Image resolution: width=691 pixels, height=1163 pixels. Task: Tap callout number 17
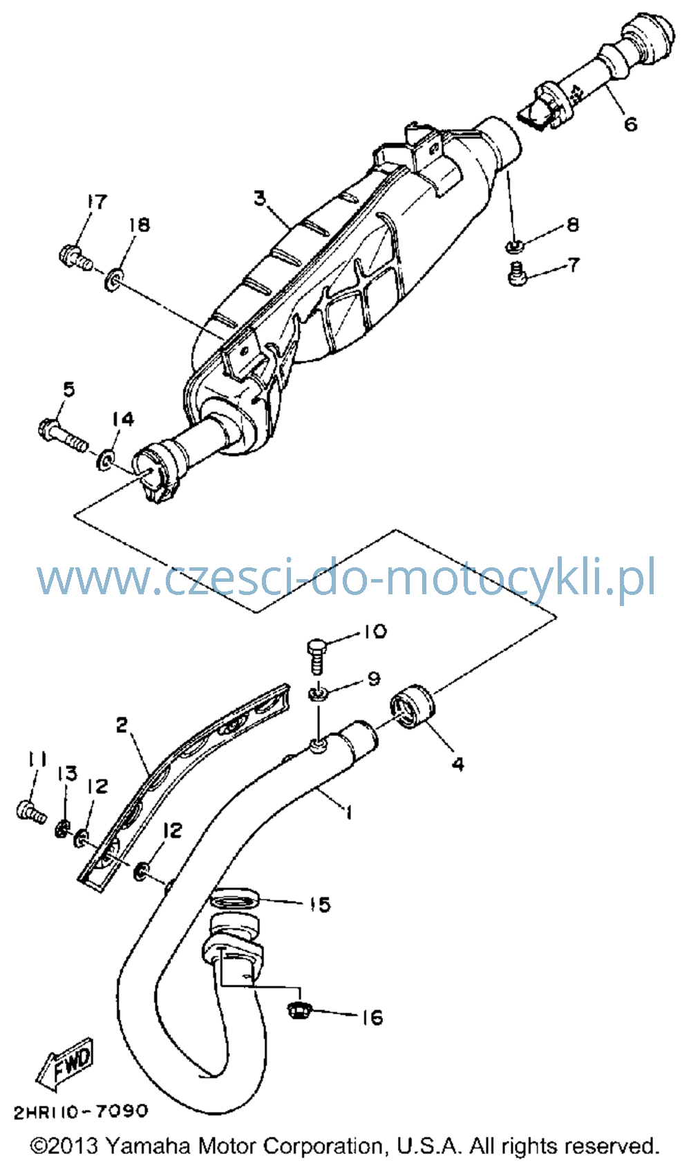coord(97,202)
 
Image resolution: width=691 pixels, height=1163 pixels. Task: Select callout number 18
coord(139,225)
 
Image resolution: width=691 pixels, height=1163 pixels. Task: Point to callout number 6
coord(630,124)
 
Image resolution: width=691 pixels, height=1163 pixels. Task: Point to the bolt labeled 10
coord(316,656)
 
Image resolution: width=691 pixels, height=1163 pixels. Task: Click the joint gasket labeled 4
coord(413,706)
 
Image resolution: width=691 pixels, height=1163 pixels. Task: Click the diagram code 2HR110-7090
coord(80,1111)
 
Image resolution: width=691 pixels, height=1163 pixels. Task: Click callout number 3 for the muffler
coord(260,198)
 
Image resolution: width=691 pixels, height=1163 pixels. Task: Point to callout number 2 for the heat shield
coord(122,726)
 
